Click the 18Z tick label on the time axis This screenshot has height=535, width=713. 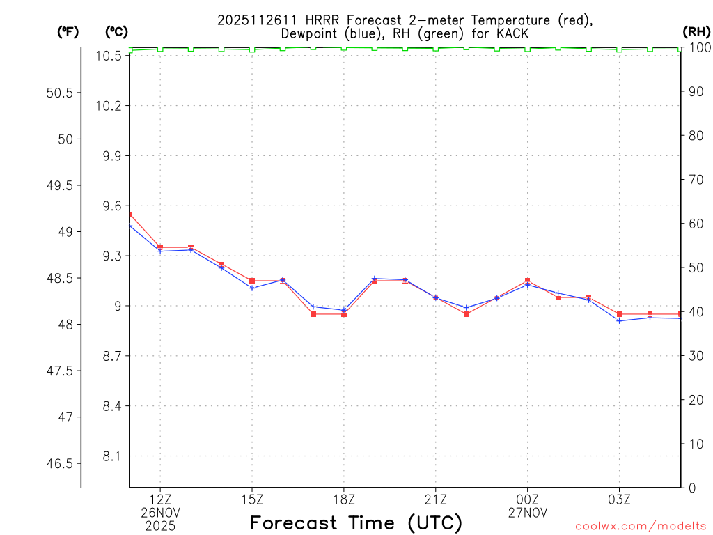coord(344,499)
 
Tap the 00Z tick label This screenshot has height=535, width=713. coord(527,499)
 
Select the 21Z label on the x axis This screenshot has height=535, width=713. coord(435,499)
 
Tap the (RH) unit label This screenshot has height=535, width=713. coord(696,31)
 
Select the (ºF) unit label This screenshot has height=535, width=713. coord(68,31)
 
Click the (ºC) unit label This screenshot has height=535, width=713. coord(116,31)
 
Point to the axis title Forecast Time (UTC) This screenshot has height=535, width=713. coord(356,522)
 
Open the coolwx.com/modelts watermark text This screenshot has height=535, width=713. coord(641,527)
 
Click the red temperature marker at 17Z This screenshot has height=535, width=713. coord(313,314)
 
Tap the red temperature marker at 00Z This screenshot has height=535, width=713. coord(527,281)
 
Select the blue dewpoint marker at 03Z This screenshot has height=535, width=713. coord(619,320)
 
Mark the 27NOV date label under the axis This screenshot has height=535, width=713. coord(527,513)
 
